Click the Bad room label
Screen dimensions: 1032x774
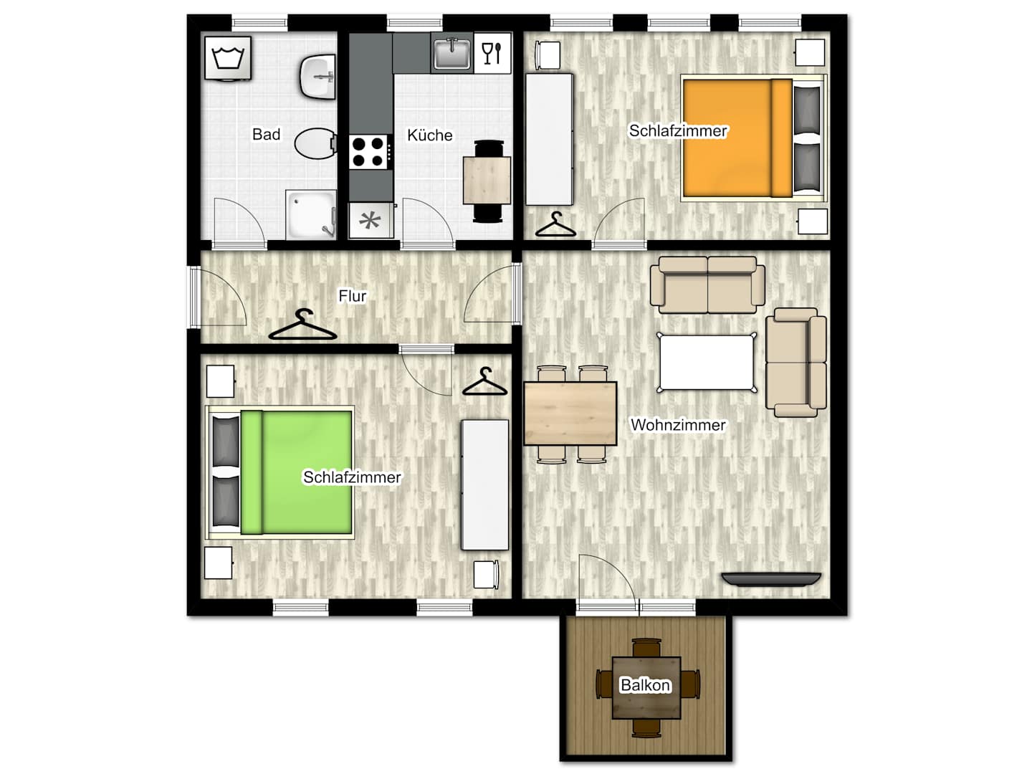click(x=266, y=135)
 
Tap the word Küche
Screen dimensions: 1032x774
click(x=429, y=135)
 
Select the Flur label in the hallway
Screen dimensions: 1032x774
click(x=352, y=296)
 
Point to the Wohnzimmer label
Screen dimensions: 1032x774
click(x=677, y=425)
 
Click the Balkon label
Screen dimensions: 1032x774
click(x=645, y=685)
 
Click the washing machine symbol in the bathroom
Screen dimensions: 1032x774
click(x=228, y=58)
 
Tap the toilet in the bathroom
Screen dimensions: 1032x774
click(x=316, y=143)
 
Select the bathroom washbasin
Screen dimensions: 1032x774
click(x=317, y=77)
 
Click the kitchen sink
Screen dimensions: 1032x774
click(x=451, y=54)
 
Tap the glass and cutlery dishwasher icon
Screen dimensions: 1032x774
click(x=492, y=52)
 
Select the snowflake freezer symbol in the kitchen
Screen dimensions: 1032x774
click(x=371, y=221)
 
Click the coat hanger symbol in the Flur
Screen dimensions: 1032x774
click(x=302, y=325)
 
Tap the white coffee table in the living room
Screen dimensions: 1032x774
click(x=706, y=362)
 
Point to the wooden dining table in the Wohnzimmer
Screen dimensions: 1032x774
click(x=570, y=413)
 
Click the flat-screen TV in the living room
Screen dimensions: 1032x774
click(x=771, y=579)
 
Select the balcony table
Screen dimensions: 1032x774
click(x=646, y=687)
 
